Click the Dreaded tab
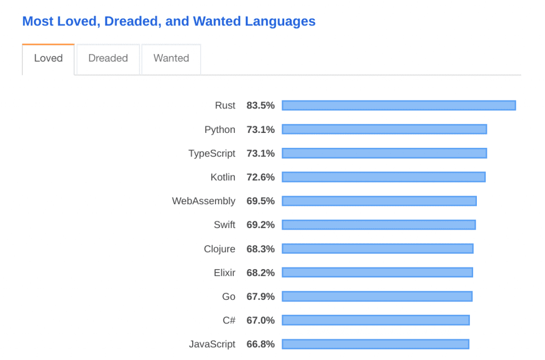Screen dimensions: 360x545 tap(108, 58)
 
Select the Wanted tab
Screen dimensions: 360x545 tap(171, 58)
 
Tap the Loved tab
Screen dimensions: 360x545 tap(48, 58)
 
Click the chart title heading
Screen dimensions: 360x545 tap(169, 21)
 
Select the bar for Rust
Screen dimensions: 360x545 tap(399, 105)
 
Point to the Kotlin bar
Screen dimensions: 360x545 tap(383, 177)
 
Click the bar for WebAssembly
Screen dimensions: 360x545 tap(379, 201)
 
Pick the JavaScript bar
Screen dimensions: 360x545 tap(375, 344)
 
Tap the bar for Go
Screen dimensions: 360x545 tap(377, 296)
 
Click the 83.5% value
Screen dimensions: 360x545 tap(260, 105)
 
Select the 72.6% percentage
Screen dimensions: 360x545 tap(260, 177)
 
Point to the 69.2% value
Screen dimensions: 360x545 tap(260, 225)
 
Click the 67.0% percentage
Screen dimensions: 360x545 tap(260, 320)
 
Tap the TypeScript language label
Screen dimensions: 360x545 tap(212, 153)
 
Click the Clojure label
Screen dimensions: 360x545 tap(219, 249)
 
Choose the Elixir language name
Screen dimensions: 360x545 tap(224, 273)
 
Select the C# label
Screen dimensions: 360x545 tap(229, 320)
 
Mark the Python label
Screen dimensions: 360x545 tap(220, 129)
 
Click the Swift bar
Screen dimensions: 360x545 tap(378, 225)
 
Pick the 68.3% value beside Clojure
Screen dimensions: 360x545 tap(260, 249)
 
